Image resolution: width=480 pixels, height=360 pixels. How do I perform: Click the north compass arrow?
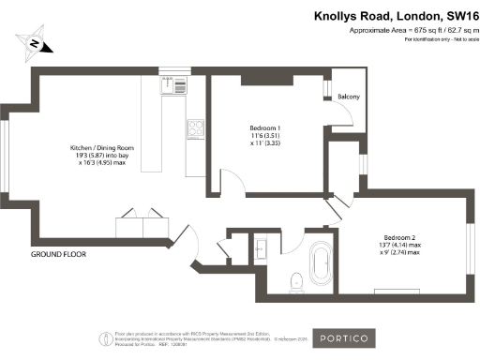pyautogui.click(x=36, y=43)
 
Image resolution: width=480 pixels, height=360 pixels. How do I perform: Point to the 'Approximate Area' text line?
pyautogui.click(x=410, y=31)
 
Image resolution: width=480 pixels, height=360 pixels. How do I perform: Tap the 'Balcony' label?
pyautogui.click(x=349, y=97)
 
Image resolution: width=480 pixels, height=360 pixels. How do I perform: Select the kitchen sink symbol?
pyautogui.click(x=174, y=84)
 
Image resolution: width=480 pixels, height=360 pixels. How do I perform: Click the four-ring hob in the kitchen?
pyautogui.click(x=196, y=127)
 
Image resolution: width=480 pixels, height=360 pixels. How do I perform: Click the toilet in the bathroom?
pyautogui.click(x=297, y=279)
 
